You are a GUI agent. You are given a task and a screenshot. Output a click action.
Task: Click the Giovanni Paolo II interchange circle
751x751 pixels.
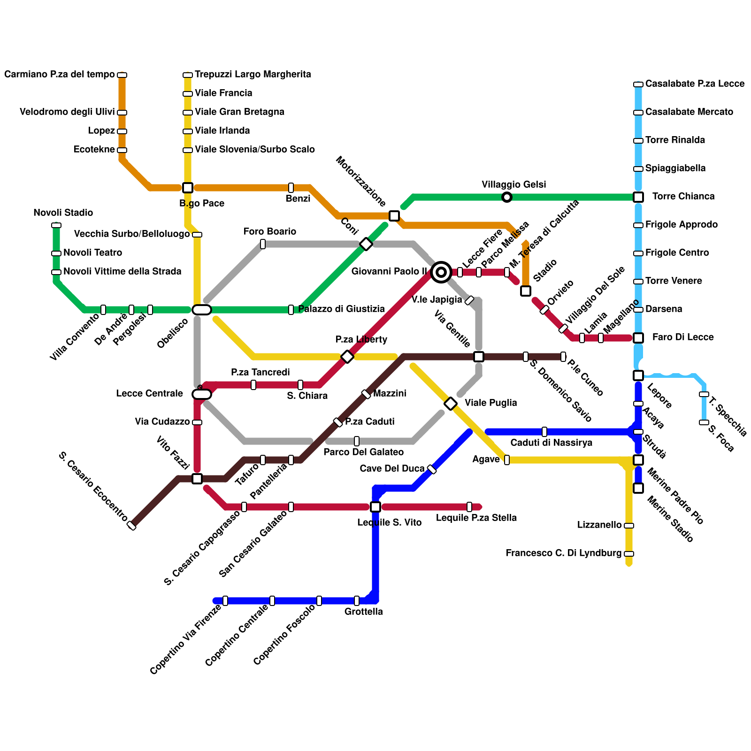click(x=441, y=272)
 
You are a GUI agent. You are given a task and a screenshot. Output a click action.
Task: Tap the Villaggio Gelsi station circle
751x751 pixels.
click(x=507, y=197)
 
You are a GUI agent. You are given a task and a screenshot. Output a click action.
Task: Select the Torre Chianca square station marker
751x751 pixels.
click(x=638, y=197)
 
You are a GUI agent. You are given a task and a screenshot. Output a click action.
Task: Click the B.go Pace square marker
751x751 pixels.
click(x=188, y=188)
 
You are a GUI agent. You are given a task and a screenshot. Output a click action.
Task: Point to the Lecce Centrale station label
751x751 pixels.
click(x=149, y=393)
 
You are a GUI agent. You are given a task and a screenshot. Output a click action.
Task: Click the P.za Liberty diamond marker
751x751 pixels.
click(x=347, y=357)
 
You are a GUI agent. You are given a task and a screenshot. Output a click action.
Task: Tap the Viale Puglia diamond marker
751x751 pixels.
click(x=451, y=403)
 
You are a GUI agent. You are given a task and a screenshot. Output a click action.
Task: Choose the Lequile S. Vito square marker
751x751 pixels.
click(x=375, y=507)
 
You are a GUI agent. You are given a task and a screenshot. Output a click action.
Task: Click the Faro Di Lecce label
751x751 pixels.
click(x=683, y=337)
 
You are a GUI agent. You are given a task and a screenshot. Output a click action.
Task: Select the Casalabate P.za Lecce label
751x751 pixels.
click(x=695, y=84)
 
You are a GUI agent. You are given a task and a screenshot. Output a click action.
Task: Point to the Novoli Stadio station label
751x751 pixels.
click(x=63, y=213)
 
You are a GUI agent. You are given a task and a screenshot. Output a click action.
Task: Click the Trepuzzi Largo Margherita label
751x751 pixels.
click(x=253, y=74)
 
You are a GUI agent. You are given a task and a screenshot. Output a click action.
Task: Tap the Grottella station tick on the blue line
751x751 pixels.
click(x=357, y=601)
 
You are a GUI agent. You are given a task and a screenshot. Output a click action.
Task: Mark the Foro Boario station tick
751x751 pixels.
click(x=263, y=244)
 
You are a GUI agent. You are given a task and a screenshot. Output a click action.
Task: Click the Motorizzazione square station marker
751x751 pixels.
click(x=394, y=216)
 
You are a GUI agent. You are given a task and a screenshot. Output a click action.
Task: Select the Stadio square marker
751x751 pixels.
click(x=526, y=291)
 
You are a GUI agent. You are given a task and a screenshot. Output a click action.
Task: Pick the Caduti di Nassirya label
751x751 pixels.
click(x=551, y=443)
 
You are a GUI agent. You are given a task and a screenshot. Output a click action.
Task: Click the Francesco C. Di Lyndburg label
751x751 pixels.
click(x=563, y=553)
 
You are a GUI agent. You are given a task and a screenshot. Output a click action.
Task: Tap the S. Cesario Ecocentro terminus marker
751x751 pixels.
click(x=132, y=526)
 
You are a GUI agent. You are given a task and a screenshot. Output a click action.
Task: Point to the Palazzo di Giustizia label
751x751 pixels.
click(x=341, y=309)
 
